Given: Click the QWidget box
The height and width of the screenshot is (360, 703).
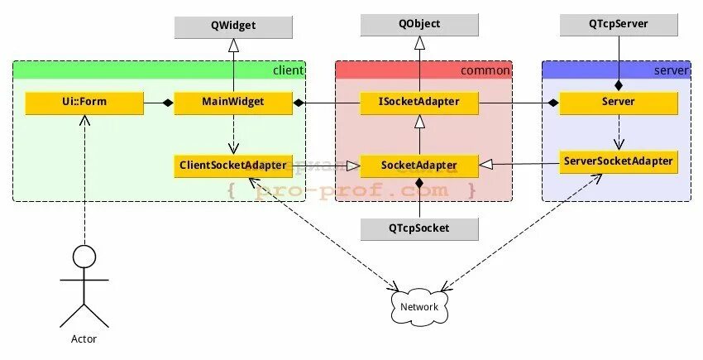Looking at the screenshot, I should click(233, 26).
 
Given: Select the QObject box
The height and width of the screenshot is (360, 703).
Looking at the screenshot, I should click(419, 25).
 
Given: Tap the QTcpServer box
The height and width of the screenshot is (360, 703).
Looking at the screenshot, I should click(619, 25).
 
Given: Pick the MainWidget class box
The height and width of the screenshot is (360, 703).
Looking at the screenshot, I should click(233, 103).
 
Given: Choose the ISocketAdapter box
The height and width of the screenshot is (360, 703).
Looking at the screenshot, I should click(419, 103).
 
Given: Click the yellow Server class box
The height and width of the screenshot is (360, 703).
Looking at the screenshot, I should click(619, 103).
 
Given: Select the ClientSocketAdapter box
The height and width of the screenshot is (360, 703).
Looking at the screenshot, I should click(233, 166).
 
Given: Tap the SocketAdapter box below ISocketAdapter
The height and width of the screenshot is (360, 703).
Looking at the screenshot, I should click(419, 166).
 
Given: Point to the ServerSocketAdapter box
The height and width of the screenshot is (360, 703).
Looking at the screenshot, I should click(619, 161).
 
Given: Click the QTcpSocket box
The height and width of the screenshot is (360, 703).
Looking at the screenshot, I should click(419, 228).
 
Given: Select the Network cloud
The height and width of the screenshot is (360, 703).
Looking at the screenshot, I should click(419, 307).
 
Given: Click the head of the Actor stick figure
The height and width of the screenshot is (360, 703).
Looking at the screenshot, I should click(84, 257).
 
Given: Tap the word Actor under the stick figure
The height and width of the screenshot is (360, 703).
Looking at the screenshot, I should click(84, 339).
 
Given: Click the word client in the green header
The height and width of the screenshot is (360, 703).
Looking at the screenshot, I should click(287, 70).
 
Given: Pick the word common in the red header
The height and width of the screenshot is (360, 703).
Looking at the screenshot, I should click(485, 70).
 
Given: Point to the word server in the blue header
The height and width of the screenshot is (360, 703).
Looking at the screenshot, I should click(671, 70).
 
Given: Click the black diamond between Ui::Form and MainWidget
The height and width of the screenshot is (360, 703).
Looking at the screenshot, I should click(167, 103).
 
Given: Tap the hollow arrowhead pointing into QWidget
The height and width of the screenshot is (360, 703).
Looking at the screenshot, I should click(233, 45).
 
